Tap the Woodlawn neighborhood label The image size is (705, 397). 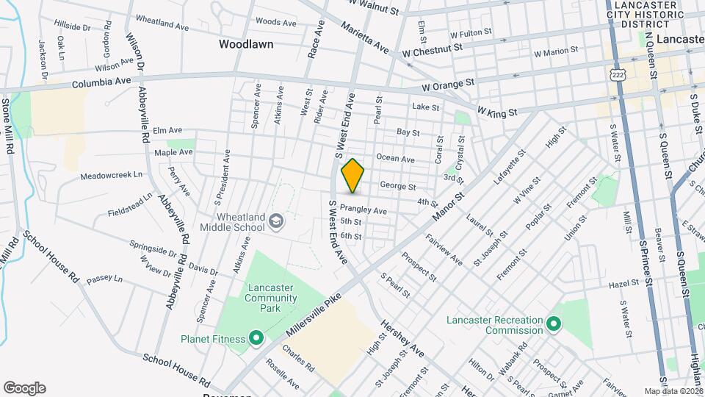[x=246, y=44]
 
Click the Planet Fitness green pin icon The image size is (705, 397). [x=256, y=338]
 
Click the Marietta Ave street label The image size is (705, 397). [x=364, y=37]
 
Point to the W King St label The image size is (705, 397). [x=498, y=112]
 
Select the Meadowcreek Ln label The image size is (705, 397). [x=111, y=176]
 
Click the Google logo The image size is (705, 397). [x=24, y=387]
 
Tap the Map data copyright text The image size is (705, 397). [x=673, y=391]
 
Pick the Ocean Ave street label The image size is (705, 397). [x=395, y=159]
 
